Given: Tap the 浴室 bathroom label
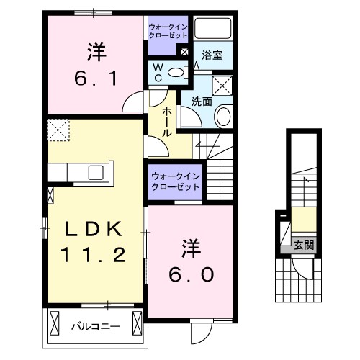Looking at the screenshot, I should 211,55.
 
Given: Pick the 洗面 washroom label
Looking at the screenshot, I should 201,102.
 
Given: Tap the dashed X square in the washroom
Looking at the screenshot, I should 224,86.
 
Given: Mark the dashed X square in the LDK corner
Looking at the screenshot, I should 57,131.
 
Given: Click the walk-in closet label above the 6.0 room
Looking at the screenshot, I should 176,180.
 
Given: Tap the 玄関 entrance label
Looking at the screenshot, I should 303,245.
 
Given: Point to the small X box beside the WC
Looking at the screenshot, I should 184,52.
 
